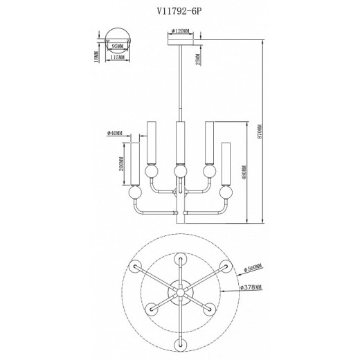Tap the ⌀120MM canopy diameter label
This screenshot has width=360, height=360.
click(x=181, y=31)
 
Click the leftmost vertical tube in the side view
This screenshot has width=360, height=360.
click(x=134, y=163)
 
